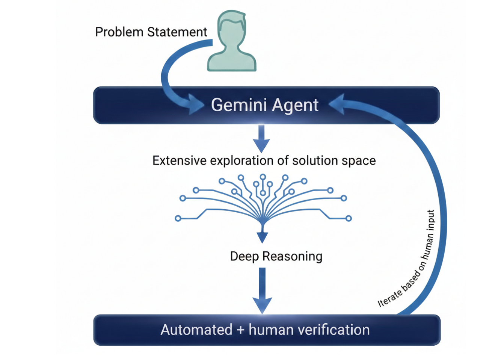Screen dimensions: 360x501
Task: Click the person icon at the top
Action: click(232, 41)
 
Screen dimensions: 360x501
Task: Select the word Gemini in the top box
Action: click(239, 105)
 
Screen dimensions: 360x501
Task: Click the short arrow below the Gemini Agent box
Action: click(261, 139)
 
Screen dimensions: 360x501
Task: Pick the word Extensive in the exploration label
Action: click(180, 160)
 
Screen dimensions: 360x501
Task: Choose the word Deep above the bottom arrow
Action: click(244, 256)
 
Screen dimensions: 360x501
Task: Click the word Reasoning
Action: click(293, 257)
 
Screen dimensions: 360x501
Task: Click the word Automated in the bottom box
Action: click(196, 330)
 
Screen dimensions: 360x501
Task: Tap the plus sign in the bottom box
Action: click(240, 330)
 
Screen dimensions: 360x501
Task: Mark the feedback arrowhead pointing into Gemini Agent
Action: click(337, 104)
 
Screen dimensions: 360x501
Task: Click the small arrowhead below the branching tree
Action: click(262, 237)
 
